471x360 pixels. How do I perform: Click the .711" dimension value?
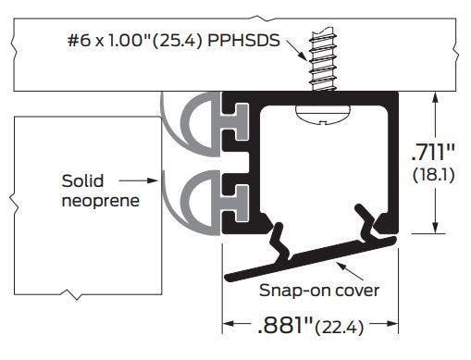(x=434, y=150)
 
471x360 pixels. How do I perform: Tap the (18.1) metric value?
(x=434, y=173)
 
